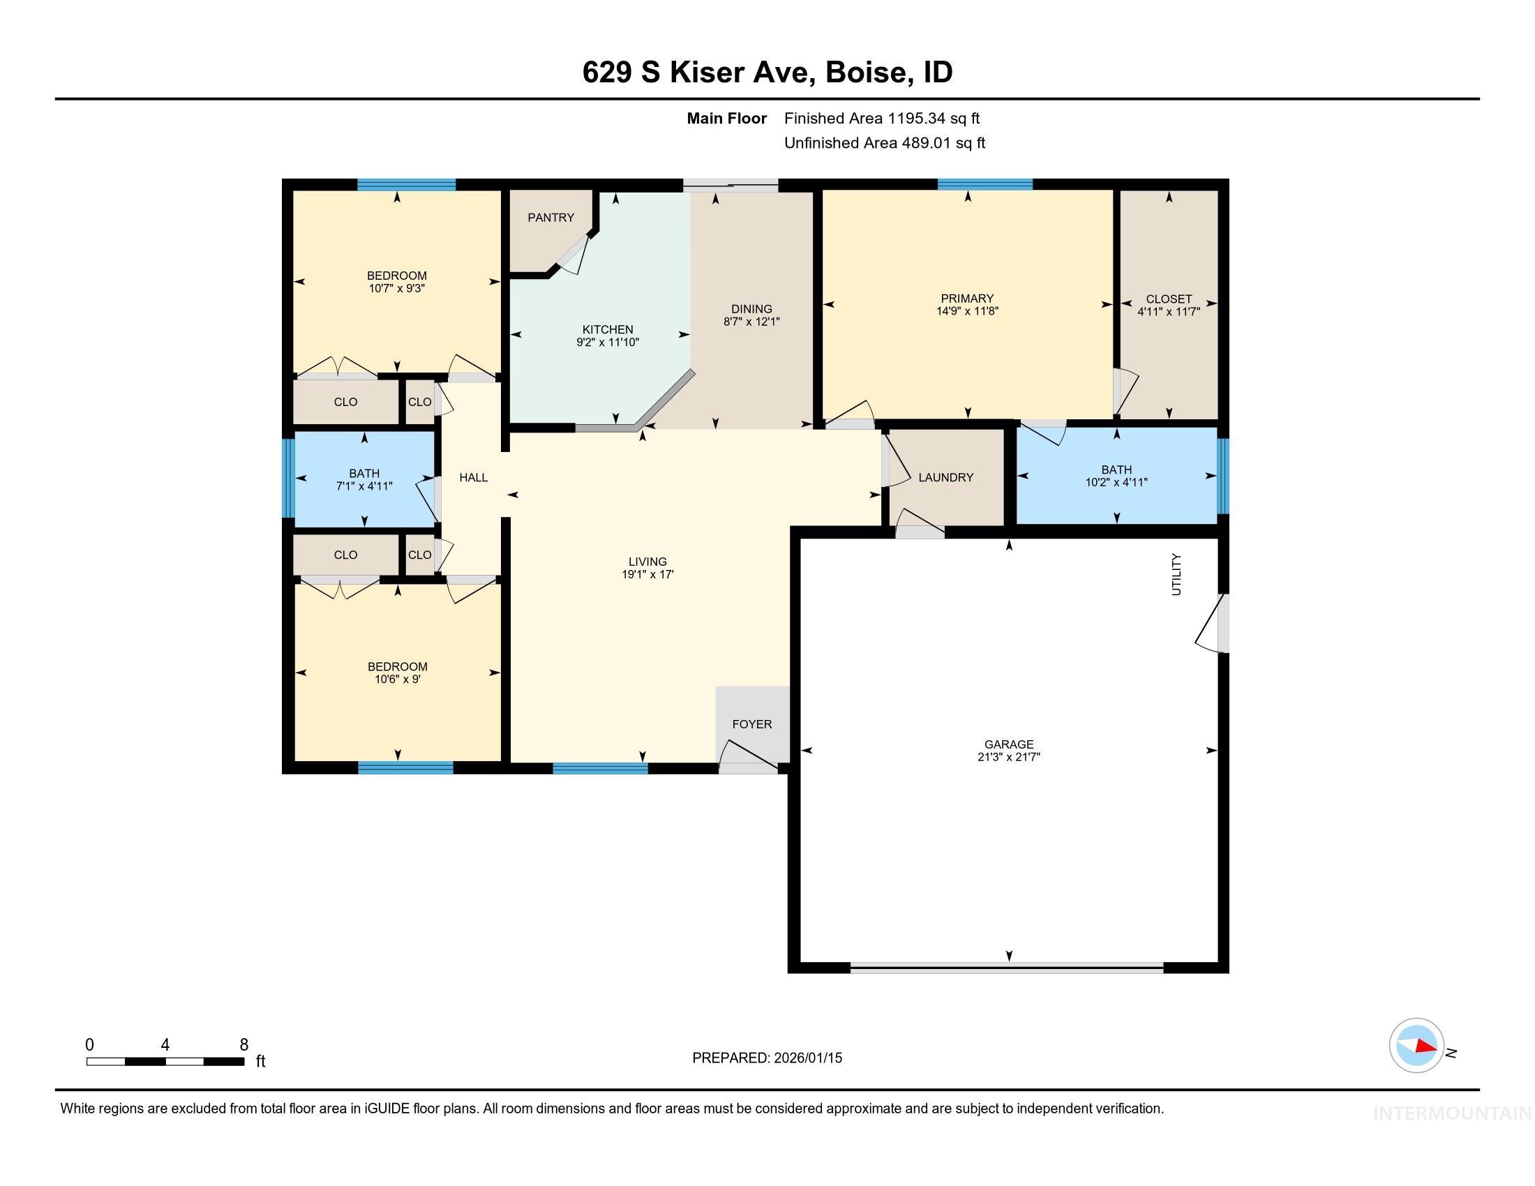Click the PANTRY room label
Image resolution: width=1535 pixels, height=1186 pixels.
[x=551, y=218]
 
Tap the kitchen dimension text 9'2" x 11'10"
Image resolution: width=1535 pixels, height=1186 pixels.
[x=607, y=343]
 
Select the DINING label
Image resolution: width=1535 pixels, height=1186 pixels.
[x=751, y=309]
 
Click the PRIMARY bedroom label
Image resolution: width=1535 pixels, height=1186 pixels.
[x=967, y=299]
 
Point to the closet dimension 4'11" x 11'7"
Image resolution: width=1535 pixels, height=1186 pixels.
[x=1168, y=312]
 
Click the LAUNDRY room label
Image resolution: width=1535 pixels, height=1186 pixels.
[x=945, y=478]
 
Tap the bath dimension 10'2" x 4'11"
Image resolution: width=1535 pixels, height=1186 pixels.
[x=1116, y=483]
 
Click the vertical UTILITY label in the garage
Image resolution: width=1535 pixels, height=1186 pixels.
[x=1176, y=575]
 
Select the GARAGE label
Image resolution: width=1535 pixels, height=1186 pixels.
[x=1009, y=745]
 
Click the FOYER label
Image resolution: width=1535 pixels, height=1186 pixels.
[x=751, y=724]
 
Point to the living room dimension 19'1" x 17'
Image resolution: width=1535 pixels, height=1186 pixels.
[x=647, y=575]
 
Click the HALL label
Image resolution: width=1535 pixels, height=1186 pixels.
[x=473, y=478]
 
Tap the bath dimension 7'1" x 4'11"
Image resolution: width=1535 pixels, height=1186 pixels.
[x=364, y=486]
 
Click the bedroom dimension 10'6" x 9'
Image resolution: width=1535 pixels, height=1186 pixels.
[x=397, y=680]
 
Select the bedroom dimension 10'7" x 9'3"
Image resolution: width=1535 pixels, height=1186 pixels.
[x=397, y=289]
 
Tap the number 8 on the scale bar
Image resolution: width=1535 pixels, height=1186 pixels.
[x=244, y=1045]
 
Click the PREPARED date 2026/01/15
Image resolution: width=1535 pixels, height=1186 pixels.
[x=807, y=1058]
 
